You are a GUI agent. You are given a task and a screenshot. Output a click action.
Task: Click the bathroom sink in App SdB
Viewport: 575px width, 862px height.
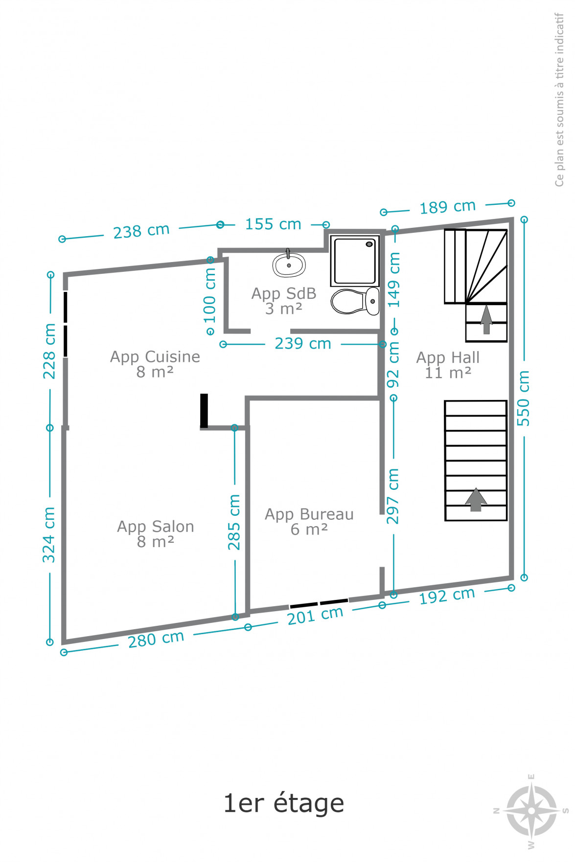click(289, 264)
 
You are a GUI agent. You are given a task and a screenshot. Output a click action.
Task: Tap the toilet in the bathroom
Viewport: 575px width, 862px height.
click(355, 301)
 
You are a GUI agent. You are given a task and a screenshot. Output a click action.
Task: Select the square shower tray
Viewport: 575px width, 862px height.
click(355, 261)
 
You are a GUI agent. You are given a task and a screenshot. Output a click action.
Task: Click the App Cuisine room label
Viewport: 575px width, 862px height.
click(155, 364)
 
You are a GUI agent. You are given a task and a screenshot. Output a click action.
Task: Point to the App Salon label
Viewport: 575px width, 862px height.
click(156, 533)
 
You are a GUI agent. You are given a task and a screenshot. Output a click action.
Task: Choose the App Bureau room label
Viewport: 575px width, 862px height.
click(309, 521)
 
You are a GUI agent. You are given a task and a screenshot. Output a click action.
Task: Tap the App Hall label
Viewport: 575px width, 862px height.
click(448, 365)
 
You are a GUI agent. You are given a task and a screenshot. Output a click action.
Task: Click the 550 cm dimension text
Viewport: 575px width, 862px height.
click(523, 398)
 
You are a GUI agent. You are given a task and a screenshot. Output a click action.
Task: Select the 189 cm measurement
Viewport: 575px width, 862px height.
click(448, 207)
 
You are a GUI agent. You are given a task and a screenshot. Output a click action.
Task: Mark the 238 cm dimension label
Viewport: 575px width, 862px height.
click(141, 231)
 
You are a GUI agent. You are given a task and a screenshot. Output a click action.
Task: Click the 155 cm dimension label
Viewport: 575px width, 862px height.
click(273, 224)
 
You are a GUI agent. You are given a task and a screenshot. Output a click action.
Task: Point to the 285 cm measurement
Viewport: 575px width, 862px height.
click(234, 522)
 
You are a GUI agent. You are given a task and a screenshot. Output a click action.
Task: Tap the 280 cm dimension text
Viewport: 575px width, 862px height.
click(156, 639)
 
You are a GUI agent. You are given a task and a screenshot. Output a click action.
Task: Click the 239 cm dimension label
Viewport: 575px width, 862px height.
click(303, 343)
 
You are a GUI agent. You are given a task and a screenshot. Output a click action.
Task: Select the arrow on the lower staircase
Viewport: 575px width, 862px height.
click(476, 500)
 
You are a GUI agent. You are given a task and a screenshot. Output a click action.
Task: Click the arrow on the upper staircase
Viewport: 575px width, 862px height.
click(486, 320)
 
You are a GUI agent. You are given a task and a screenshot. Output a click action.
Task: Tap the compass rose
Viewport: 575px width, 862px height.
click(531, 811)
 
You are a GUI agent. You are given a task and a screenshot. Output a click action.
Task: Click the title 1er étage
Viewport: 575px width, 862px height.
click(284, 804)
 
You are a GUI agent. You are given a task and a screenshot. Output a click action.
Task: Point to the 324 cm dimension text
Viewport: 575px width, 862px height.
click(49, 534)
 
